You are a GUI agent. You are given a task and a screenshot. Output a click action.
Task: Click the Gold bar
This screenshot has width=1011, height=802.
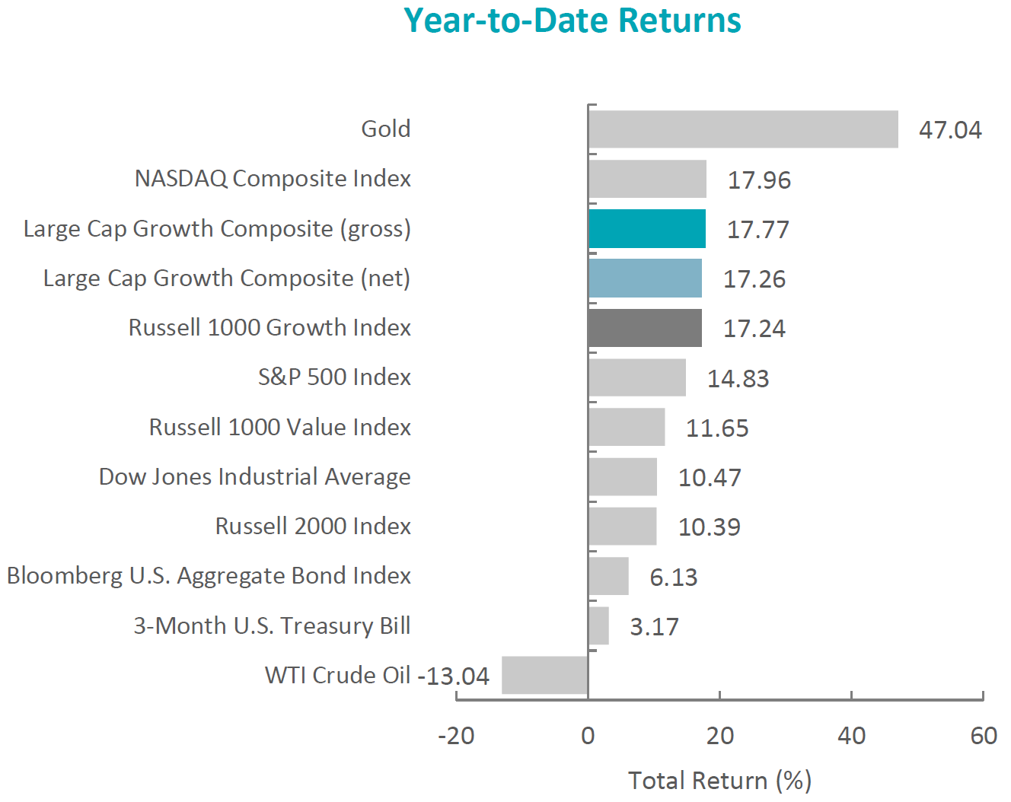(x=742, y=129)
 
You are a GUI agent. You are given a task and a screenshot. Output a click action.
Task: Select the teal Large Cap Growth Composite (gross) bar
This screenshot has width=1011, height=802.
(x=646, y=229)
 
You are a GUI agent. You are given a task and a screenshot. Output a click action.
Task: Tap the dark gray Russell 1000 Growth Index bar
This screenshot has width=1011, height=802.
(x=645, y=328)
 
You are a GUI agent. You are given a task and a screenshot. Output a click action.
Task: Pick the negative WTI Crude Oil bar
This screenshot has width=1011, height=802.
(x=544, y=675)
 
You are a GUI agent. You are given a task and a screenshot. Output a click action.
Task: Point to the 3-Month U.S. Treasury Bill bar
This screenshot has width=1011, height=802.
(x=598, y=625)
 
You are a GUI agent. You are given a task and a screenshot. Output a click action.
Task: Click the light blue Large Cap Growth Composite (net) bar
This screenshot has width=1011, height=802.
(x=645, y=278)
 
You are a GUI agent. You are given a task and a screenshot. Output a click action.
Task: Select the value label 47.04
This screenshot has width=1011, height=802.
(x=950, y=130)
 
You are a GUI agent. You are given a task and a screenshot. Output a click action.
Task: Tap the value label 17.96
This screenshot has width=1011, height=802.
(x=759, y=180)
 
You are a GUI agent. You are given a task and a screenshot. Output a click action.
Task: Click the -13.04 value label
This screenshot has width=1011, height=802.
(x=454, y=676)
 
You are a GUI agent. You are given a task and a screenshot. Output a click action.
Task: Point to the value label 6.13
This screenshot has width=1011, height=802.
(x=673, y=578)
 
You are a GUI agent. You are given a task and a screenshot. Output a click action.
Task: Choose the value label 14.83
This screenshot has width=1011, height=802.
(x=738, y=379)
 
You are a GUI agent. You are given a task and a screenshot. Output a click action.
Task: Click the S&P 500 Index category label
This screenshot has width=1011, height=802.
(x=334, y=377)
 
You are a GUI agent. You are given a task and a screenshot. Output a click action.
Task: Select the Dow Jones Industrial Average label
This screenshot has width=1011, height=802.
(x=255, y=476)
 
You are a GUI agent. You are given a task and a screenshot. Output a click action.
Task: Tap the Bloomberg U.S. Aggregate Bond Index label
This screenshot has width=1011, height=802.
(x=209, y=575)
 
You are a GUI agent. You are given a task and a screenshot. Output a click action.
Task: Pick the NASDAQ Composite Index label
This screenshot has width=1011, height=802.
(x=273, y=178)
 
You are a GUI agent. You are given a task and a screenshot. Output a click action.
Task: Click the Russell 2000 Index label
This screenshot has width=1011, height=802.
(x=313, y=526)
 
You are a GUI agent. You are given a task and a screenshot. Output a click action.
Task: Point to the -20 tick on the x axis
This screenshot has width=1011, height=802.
(x=456, y=736)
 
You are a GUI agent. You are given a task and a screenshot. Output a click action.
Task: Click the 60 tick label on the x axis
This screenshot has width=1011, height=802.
(x=984, y=736)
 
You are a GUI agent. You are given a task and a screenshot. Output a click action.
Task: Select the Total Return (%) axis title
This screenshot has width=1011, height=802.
(x=719, y=781)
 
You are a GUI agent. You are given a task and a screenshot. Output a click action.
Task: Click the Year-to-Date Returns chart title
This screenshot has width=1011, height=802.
(x=572, y=21)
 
